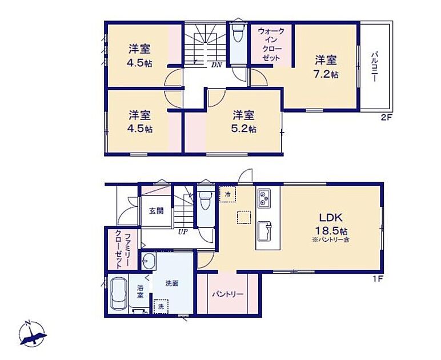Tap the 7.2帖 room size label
click(326, 74)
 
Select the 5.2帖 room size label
click(243, 129)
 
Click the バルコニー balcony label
click(374, 67)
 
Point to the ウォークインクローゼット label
click(271, 44)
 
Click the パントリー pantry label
click(227, 294)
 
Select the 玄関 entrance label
click(156, 211)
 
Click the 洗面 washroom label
click(172, 283)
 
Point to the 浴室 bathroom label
click(140, 291)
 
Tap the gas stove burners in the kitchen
click(264, 198)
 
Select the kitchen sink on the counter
click(264, 231)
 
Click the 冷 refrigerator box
click(227, 194)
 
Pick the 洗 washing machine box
click(161, 306)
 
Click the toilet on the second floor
click(239, 33)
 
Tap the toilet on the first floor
click(204, 199)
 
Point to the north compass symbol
click(33, 334)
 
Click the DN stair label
click(217, 65)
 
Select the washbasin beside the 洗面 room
click(149, 261)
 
